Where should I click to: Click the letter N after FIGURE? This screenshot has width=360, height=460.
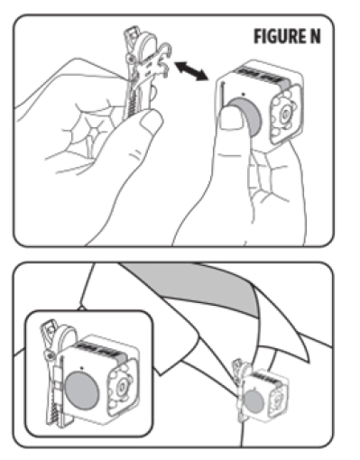click(314, 36)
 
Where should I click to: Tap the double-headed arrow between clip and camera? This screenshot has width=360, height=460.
click(191, 71)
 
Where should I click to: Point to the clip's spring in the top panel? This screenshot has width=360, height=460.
click(133, 103)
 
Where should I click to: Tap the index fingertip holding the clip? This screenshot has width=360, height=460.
click(152, 121)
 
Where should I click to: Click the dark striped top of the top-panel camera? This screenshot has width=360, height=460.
click(261, 77)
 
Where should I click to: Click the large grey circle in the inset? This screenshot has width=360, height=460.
click(81, 390)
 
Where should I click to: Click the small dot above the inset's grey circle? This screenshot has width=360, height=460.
click(82, 367)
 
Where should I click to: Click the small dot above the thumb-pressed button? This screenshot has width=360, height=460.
click(243, 94)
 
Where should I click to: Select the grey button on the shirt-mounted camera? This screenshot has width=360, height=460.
click(254, 401)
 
